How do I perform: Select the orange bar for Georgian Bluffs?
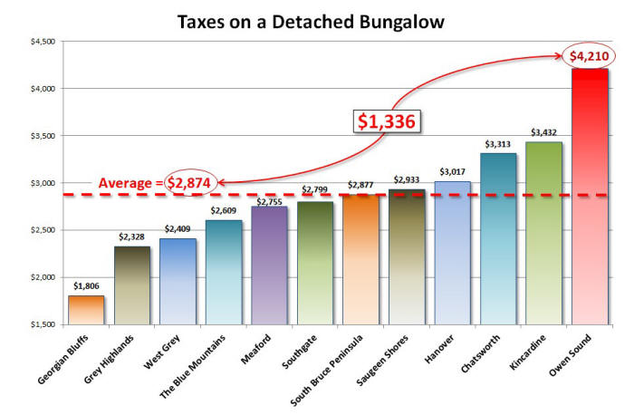86,309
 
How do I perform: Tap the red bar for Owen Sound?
591,196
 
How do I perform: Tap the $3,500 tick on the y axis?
43,136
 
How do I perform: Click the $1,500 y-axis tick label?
43,324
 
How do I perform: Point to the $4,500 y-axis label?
43,42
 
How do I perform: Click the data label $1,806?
86,286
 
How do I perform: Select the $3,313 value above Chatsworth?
498,144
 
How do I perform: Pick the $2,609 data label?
224,210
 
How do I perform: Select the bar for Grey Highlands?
131,285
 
